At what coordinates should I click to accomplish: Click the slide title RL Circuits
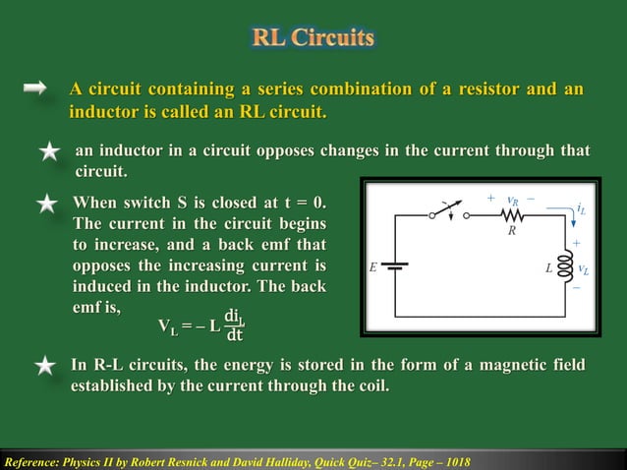pos(313,38)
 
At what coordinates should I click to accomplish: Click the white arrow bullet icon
pos(35,89)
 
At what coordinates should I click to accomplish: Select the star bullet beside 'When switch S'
pos(46,205)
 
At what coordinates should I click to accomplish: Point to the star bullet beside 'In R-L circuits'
pos(45,367)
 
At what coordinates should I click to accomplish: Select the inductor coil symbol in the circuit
pos(565,265)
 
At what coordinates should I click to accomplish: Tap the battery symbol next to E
pos(394,265)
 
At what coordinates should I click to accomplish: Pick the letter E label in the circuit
pos(373,266)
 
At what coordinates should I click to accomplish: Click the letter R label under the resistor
pos(512,233)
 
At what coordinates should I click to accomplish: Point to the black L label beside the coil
pos(548,266)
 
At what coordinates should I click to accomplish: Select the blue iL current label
pos(582,209)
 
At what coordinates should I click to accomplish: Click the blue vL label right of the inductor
pos(584,267)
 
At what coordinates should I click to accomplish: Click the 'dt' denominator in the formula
pos(234,335)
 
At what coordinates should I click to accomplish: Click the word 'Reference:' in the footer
pos(32,461)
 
